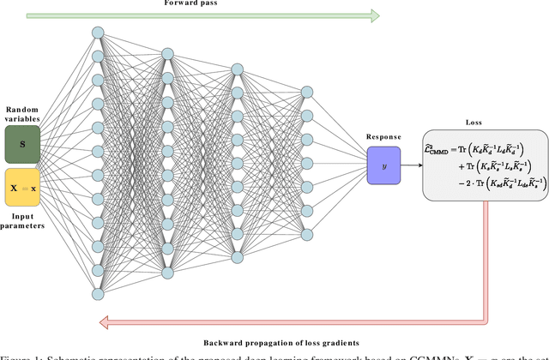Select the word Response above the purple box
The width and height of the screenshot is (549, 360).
383,135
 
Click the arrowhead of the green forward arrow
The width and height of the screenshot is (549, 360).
374,15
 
